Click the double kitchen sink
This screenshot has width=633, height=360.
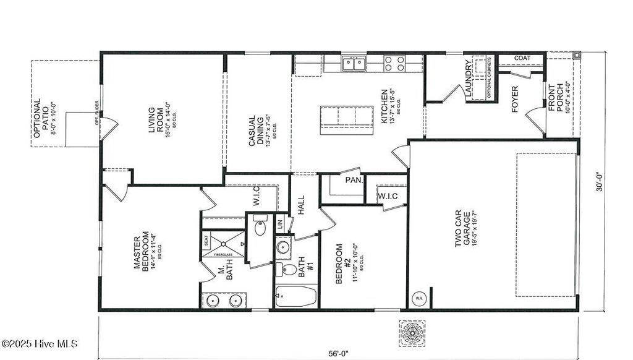(354, 62)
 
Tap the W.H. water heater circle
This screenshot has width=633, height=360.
(418, 299)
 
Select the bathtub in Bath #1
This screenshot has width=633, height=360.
(295, 298)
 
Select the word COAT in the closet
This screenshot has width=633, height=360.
(522, 59)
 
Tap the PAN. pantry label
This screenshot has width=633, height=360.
(354, 181)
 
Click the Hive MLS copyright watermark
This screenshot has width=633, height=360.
(40, 343)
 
